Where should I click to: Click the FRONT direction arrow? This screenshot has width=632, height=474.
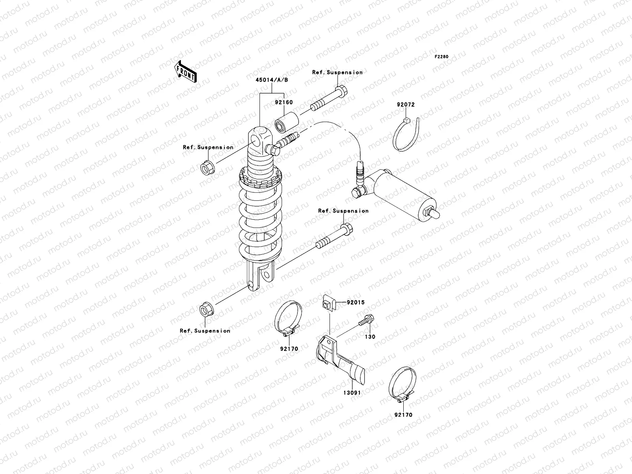click(186, 71)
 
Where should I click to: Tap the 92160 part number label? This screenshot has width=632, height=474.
click(284, 102)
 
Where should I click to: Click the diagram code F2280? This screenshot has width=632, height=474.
click(442, 57)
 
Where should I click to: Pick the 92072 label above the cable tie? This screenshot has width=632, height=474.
click(406, 105)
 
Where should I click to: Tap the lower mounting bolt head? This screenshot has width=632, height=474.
click(346, 229)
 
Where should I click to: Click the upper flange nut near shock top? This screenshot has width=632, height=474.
click(207, 167)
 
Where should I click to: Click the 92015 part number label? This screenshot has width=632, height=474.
click(355, 303)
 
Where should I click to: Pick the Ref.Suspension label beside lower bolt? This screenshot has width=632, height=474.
click(343, 211)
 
